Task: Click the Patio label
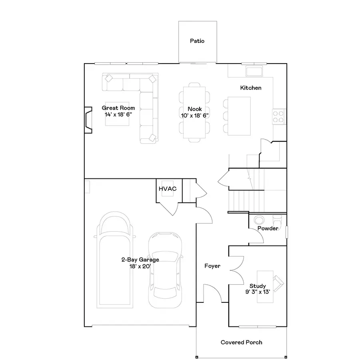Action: coord(197,41)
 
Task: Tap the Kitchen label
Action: coord(251,88)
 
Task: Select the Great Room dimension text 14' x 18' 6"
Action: coord(118,114)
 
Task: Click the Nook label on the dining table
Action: coord(195,109)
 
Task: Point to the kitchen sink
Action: coord(254,72)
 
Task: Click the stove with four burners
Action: coord(278,116)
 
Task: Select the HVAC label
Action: coord(168,188)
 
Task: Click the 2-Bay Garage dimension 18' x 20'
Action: coord(140,266)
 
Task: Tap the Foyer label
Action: coord(212,266)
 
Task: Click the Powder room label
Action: coord(268,228)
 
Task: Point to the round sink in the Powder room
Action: coord(259,220)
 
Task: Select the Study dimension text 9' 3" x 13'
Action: coord(258,292)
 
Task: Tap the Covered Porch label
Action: coord(242,342)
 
